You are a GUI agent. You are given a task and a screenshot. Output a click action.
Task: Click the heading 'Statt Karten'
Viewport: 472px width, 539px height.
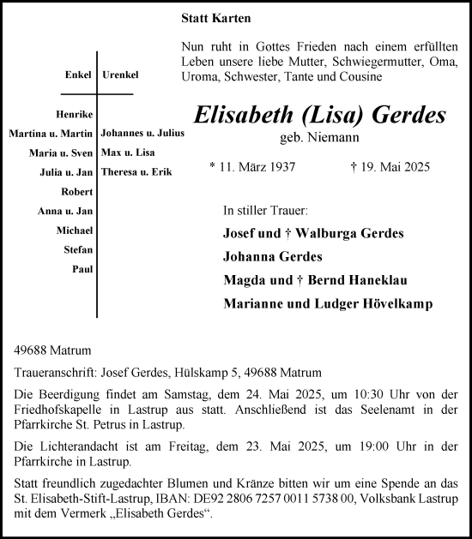click(x=216, y=18)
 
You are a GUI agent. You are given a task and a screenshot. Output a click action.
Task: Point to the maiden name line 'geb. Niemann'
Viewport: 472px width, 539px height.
click(x=319, y=137)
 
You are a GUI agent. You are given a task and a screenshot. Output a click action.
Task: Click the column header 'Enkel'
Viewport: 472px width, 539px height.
click(x=78, y=75)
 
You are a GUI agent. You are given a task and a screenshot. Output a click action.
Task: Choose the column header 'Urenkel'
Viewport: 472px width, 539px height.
click(x=120, y=75)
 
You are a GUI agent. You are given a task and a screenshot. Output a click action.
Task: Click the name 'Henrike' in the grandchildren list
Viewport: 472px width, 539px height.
click(x=76, y=114)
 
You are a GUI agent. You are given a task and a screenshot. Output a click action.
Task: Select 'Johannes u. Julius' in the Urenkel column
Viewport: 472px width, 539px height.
click(x=142, y=133)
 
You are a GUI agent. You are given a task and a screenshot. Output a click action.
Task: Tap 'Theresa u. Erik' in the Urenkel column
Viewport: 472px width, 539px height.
click(x=136, y=171)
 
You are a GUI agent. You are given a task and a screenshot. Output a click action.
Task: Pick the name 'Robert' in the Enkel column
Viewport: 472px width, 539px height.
click(x=77, y=191)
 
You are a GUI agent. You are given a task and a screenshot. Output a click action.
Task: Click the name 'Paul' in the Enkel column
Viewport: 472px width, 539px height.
click(x=83, y=268)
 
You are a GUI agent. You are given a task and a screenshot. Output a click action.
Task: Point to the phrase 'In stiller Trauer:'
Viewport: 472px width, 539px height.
click(x=265, y=210)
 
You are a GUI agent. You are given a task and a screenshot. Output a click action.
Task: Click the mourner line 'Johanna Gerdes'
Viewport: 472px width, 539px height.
click(x=273, y=256)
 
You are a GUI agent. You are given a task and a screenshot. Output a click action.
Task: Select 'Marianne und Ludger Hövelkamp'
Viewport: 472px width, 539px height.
click(x=328, y=303)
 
